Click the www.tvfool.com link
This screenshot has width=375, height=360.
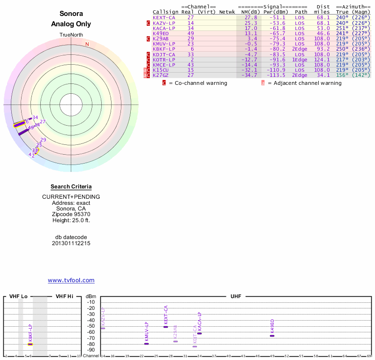pos(71,280)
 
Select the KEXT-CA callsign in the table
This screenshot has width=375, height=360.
pos(164,17)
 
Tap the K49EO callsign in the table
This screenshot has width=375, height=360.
pos(161,33)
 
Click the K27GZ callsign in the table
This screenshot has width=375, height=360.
pos(161,75)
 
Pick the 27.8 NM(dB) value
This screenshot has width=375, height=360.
pos(250,17)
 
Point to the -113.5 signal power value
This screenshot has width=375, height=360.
pos(274,75)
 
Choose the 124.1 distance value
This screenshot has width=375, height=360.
pos(322,60)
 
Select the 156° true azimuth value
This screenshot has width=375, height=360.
pos(343,75)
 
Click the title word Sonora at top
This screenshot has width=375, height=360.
pos(71,14)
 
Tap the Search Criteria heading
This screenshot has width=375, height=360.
pos(71,187)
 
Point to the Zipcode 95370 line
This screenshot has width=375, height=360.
pos(71,214)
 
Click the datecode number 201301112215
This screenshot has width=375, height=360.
pos(71,243)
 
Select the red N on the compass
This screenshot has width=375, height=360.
pos(87,45)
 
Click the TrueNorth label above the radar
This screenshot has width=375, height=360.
pos(71,36)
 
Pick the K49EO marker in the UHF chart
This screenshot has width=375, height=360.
pos(272,336)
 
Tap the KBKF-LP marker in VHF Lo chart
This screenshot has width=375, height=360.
pos(30,344)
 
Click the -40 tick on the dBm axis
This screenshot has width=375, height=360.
pos(91,320)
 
